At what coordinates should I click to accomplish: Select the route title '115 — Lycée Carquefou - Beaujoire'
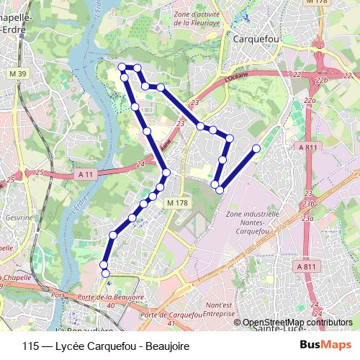pyautogui.click(x=106, y=346)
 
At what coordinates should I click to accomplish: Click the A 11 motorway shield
pyautogui.click(x=84, y=174)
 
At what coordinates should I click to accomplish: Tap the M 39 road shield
pyautogui.click(x=17, y=74)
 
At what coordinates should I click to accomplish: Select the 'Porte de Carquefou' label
pyautogui.click(x=171, y=315)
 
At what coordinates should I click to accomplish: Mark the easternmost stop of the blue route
pyautogui.click(x=256, y=149)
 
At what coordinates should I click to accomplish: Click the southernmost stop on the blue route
pyautogui.click(x=105, y=273)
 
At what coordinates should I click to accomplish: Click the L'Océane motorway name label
pyautogui.click(x=235, y=75)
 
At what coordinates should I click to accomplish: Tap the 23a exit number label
pyautogui.click(x=308, y=217)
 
